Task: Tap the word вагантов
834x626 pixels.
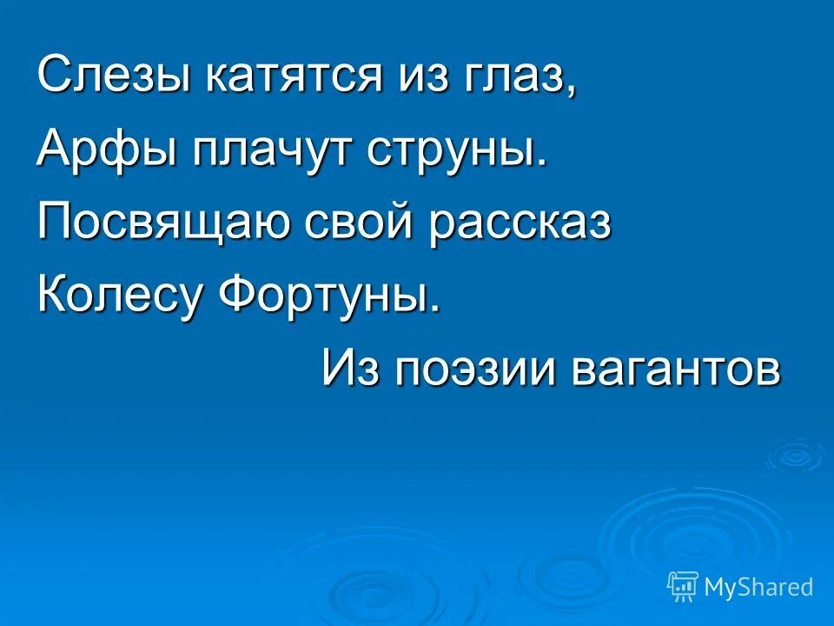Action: click(x=675, y=369)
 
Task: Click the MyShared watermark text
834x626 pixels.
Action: click(x=758, y=587)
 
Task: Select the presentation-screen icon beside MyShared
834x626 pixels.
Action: click(x=682, y=586)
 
